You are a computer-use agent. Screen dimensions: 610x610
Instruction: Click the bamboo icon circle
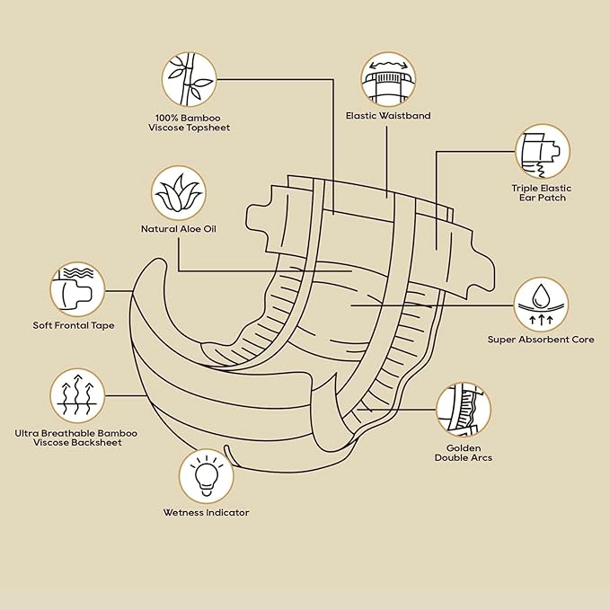tap(189, 80)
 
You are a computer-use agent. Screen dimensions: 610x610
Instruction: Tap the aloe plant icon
tap(179, 193)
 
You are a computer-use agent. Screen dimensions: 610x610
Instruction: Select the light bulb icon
tap(207, 476)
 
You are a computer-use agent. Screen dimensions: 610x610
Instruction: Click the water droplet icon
tap(541, 305)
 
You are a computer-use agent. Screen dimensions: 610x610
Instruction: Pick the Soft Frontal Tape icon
tap(78, 289)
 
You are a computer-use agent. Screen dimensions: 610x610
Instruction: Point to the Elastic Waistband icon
tap(388, 79)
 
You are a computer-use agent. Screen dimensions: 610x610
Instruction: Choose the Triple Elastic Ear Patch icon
tap(543, 151)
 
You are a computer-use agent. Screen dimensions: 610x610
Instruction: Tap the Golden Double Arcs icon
tap(464, 410)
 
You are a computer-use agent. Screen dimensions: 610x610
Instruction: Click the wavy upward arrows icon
tap(78, 395)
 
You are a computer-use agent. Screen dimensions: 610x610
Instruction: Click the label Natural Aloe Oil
tap(179, 229)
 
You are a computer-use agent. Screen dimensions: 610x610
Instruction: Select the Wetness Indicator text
tap(207, 512)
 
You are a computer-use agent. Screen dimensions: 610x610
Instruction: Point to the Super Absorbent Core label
tap(541, 340)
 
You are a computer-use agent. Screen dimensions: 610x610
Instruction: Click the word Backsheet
tap(98, 442)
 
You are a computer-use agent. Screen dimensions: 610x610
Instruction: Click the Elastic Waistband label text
tap(388, 116)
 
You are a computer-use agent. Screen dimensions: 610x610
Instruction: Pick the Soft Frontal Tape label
tap(74, 325)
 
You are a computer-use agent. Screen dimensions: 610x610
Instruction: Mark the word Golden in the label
tap(464, 447)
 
